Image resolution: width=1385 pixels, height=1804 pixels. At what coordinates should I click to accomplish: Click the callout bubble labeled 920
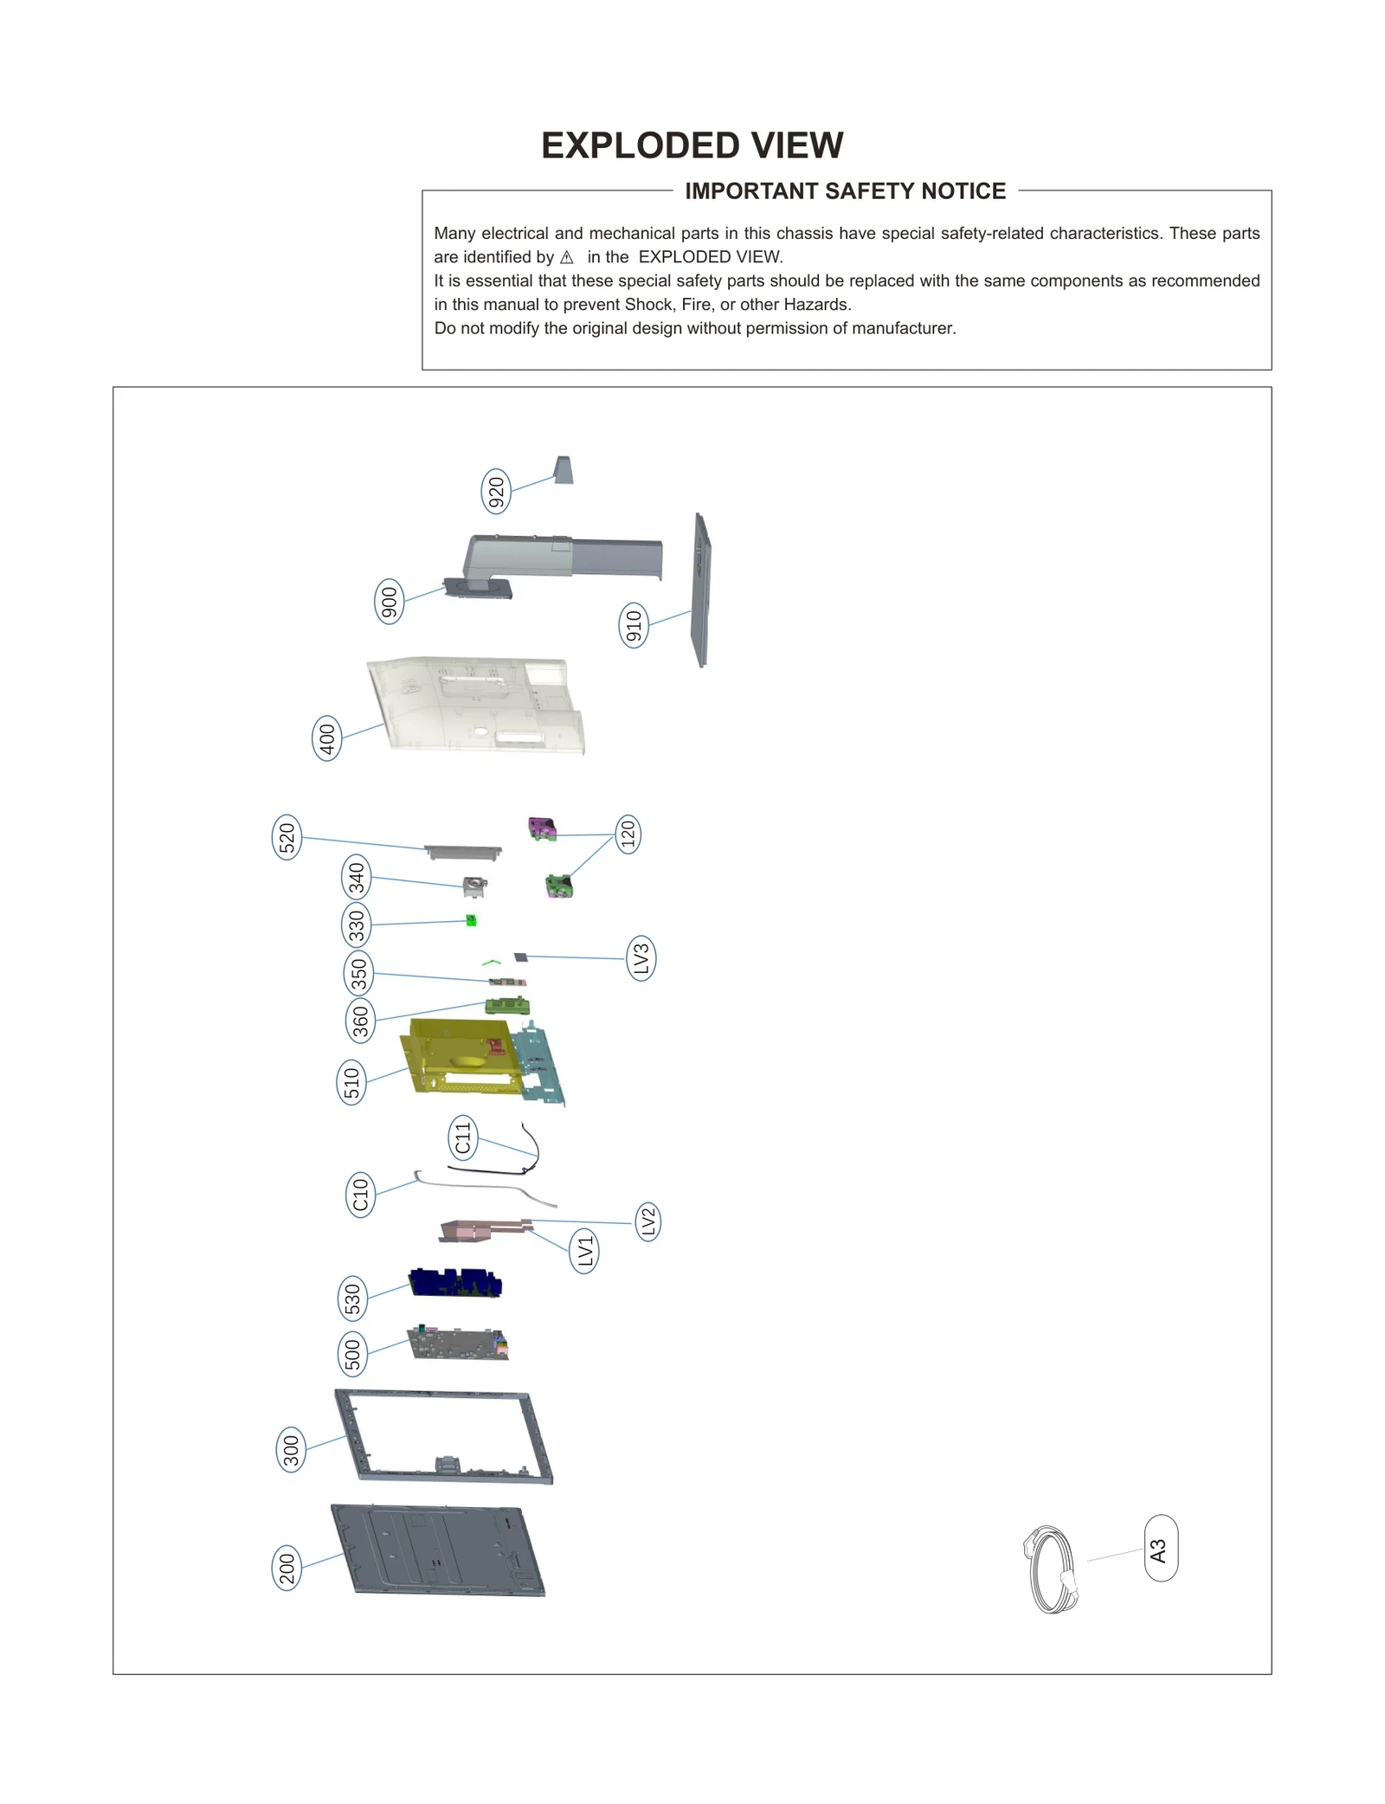496,492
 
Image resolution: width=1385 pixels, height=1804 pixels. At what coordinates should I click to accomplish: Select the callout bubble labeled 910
634,625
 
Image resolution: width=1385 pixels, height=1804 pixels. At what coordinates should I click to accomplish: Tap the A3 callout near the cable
1160,1549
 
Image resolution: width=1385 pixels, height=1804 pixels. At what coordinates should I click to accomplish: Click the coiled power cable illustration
1051,1569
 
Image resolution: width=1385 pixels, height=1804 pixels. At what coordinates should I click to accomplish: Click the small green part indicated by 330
471,920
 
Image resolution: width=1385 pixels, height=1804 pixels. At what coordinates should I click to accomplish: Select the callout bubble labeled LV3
641,958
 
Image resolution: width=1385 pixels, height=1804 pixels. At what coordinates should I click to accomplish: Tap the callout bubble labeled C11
463,1137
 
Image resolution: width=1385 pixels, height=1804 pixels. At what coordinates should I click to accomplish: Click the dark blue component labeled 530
455,1283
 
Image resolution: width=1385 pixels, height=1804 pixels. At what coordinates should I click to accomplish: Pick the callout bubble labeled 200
287,1568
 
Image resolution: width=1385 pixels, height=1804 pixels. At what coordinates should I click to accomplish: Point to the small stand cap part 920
564,470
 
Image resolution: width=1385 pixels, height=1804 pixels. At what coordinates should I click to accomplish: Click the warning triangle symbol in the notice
567,257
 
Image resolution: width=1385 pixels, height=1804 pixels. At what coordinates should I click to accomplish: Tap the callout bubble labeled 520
287,837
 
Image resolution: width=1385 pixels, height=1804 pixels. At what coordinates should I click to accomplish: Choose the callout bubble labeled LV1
585,1251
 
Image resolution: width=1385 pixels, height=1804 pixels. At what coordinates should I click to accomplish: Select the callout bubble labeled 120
628,834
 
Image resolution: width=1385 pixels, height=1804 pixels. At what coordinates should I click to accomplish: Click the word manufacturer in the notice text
903,328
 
